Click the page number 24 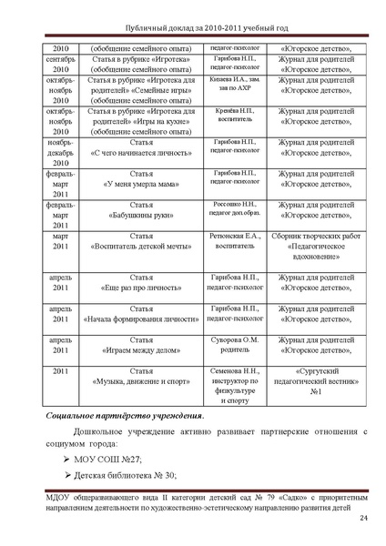pyautogui.click(x=362, y=519)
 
